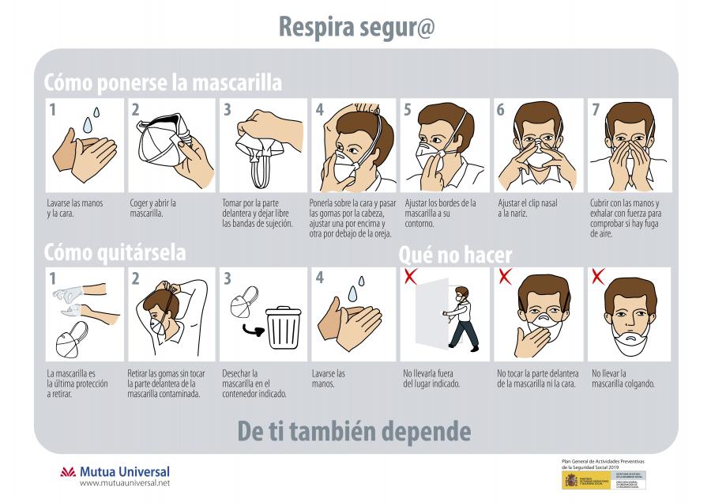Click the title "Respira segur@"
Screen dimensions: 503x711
pyautogui.click(x=355, y=26)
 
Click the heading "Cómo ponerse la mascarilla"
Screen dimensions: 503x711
pyautogui.click(x=162, y=82)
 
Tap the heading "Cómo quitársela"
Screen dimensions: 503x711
pyautogui.click(x=115, y=252)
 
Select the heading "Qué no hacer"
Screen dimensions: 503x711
pyautogui.click(x=455, y=255)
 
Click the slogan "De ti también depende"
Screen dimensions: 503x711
pyautogui.click(x=354, y=431)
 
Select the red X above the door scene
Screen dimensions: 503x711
pyautogui.click(x=410, y=276)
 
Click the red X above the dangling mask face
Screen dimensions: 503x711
pyautogui.click(x=598, y=276)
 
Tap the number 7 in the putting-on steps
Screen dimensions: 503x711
pyautogui.click(x=596, y=110)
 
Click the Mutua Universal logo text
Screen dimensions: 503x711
pyautogui.click(x=125, y=472)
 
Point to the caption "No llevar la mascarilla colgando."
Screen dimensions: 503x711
pyautogui.click(x=623, y=378)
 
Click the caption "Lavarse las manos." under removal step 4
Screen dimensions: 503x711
pyautogui.click(x=329, y=378)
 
